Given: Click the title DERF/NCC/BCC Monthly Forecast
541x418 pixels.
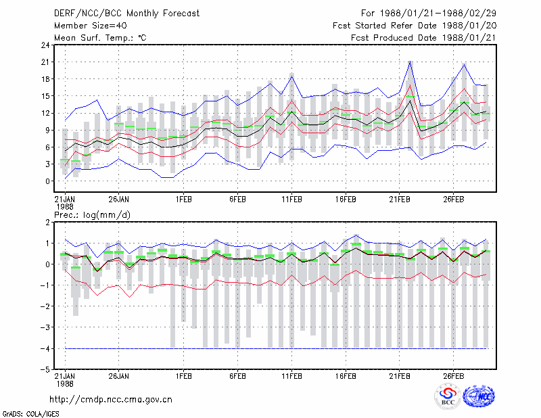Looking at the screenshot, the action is point(126,14).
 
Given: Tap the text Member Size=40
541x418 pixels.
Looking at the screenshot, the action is point(91,26).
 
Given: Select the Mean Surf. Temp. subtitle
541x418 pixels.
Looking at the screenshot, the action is point(100,38).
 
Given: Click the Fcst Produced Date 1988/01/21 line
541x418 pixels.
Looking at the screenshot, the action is point(423,38).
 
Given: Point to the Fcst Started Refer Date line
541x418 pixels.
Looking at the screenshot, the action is point(415,26).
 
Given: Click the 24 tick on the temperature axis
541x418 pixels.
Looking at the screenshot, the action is point(45,45).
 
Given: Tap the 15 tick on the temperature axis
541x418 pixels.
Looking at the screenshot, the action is point(45,96).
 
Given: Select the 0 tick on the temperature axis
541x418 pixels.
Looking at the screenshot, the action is point(47,181).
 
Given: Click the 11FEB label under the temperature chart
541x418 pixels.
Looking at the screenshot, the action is point(291,200).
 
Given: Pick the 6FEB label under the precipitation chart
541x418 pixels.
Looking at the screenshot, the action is point(238,376).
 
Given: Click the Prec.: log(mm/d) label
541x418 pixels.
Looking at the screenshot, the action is point(92,215).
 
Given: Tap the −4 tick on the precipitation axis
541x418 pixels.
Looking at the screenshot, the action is point(45,348).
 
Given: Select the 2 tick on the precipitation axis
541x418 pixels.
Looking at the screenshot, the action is point(47,223).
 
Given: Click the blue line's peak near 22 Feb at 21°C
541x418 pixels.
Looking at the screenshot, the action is point(410,62).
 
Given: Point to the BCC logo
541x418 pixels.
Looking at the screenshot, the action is point(448,396).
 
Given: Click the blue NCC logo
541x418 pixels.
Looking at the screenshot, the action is point(479,396).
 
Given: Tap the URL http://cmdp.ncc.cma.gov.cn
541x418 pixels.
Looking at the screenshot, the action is point(111,400).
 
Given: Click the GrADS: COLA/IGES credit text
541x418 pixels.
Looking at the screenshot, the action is point(30,414).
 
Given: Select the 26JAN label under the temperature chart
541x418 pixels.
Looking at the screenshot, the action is point(119,200).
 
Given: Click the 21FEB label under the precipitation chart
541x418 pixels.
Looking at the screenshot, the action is point(400,376).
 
